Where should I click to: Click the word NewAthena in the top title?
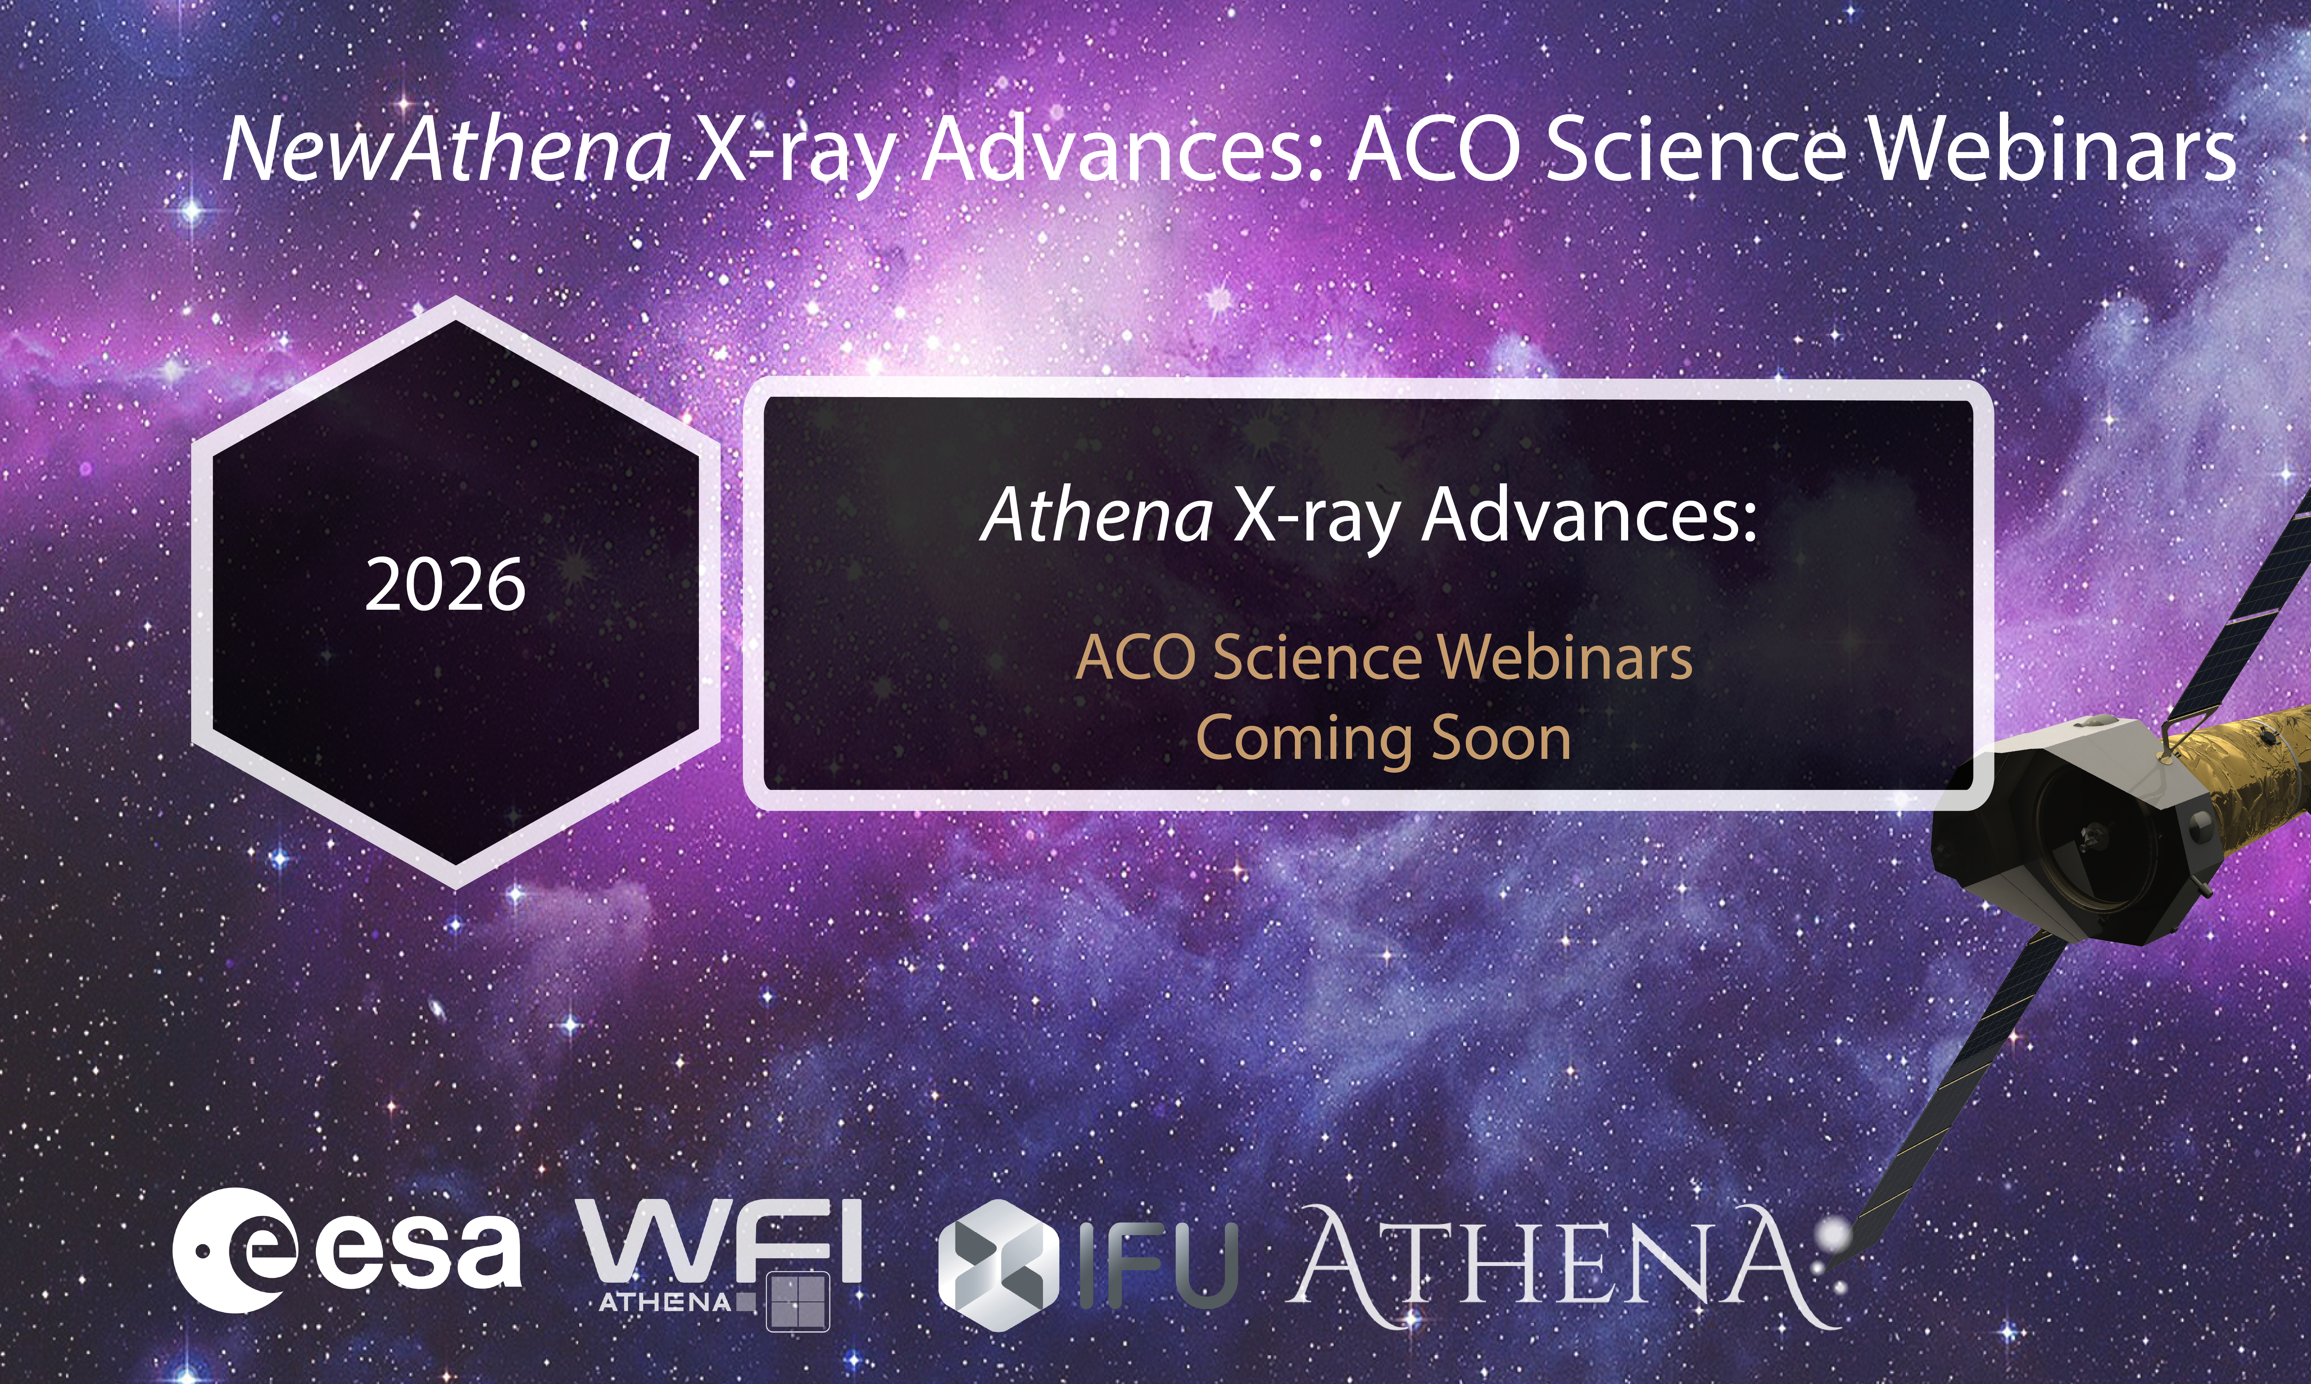pos(446,149)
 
